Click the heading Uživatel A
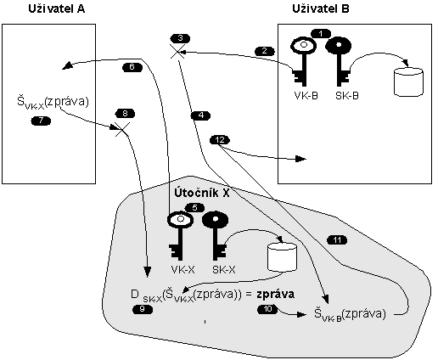pos(57,9)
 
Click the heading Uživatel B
pos(321,9)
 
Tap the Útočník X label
pos(202,193)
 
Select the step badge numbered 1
pos(321,34)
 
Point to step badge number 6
pos(132,67)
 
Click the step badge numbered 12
pos(220,140)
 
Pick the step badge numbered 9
pos(143,309)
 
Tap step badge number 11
pos(337,240)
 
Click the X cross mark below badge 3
pos(177,51)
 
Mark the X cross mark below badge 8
pos(122,129)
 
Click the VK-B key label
pos(306,96)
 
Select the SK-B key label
pos(347,96)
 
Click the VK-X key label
pos(182,270)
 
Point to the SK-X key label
pos(224,270)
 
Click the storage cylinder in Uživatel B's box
pos(408,82)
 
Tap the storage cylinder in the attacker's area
pos(282,257)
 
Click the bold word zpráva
pos(275,295)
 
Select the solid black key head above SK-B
pos(339,46)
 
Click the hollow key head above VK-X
pos(181,220)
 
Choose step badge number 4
pos(200,115)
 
